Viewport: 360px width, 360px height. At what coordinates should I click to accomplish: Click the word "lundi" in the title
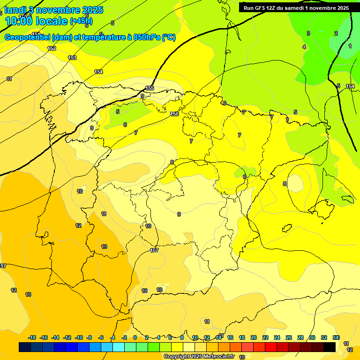click(15, 10)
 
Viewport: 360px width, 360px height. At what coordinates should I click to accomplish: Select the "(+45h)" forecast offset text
click(81, 21)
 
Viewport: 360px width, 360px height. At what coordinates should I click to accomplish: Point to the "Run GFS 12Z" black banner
click(296, 7)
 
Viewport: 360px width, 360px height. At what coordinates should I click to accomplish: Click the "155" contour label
click(150, 88)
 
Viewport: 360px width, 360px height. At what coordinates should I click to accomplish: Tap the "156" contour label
click(174, 114)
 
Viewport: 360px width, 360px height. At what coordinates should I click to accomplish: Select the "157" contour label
click(154, 250)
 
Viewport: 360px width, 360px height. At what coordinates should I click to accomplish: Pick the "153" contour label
click(72, 58)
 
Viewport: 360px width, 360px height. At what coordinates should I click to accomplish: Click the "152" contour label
click(52, 48)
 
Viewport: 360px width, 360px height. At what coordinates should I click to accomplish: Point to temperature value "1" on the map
click(350, 46)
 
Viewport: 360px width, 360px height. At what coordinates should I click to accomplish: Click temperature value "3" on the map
click(308, 33)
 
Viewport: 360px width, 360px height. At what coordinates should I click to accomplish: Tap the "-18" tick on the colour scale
click(32, 337)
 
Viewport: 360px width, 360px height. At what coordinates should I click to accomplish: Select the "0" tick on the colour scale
click(135, 337)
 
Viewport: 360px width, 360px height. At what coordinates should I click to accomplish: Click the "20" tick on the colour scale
click(254, 337)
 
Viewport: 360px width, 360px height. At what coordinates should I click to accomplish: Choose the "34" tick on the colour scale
click(336, 337)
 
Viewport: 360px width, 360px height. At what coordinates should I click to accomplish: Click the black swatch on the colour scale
click(330, 347)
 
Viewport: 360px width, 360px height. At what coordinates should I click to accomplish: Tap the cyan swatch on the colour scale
click(119, 347)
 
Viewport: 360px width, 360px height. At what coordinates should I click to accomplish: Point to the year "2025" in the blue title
click(93, 10)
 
